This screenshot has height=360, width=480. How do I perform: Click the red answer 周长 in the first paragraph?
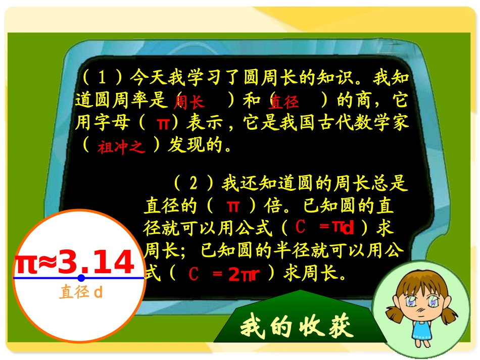[x=188, y=102]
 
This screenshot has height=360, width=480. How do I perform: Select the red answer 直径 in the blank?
[x=283, y=103]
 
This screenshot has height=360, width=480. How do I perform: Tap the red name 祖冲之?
[x=121, y=147]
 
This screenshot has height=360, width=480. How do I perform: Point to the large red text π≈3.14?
[x=75, y=263]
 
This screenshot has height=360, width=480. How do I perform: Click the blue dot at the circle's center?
[x=81, y=278]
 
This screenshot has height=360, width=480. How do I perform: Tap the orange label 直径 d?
[x=81, y=292]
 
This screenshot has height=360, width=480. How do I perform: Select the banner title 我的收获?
[x=296, y=327]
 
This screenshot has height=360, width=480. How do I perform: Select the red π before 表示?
[x=163, y=123]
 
